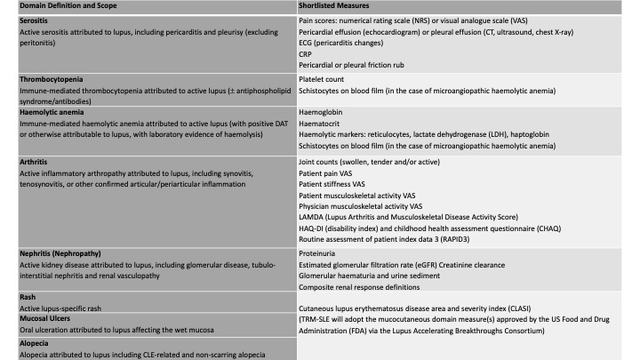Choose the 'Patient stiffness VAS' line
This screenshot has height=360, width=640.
coord(340,184)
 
